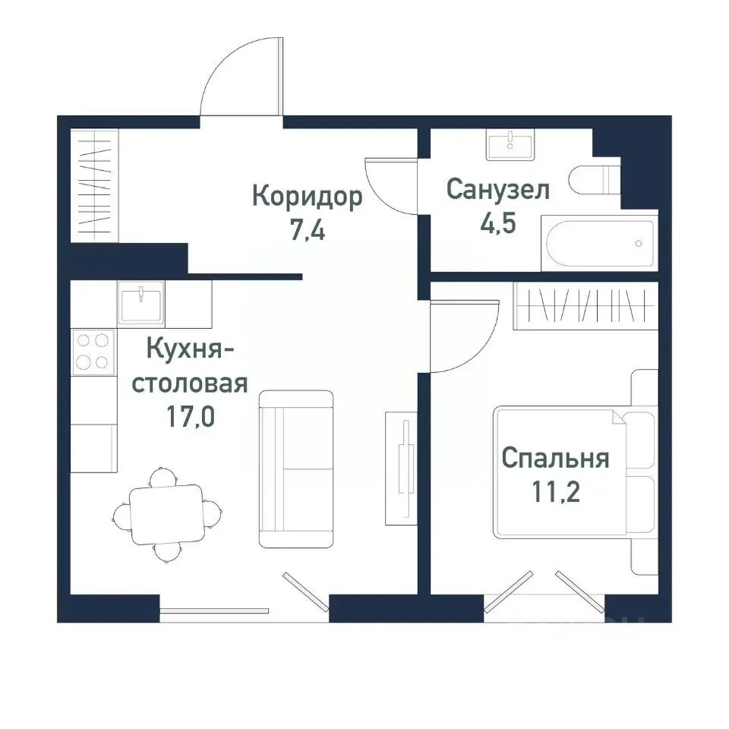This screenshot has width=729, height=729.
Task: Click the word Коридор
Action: pos(307,197)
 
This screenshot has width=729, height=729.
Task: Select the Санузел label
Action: pos(497,189)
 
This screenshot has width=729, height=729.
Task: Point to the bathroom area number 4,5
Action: pos(497,224)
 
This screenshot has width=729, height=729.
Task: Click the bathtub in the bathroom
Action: pos(598,244)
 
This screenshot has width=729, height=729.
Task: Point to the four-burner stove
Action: pos(93,351)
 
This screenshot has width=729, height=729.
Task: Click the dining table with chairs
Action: pos(166,514)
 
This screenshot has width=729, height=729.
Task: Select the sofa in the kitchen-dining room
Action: pos(296,469)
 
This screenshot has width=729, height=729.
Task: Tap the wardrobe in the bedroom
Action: pos(585,305)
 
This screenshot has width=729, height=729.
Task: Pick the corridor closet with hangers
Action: pos(94,186)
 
